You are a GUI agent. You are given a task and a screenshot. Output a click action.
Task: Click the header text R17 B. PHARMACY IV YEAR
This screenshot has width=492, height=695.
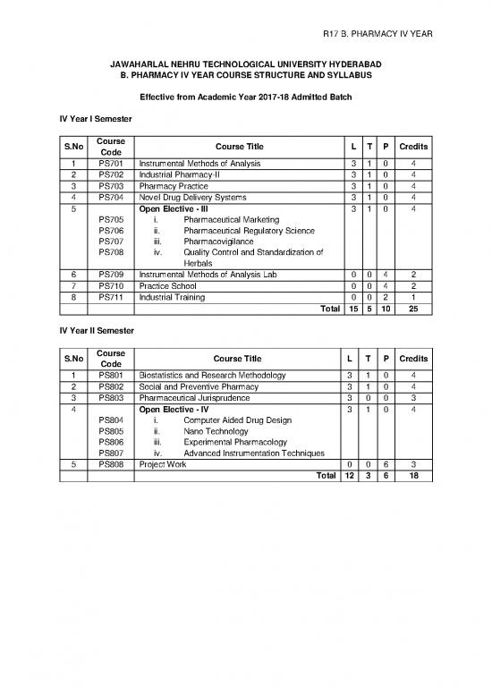[x=377, y=33]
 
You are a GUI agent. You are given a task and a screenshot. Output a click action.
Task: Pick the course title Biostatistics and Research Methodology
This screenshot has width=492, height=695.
[x=212, y=375]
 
